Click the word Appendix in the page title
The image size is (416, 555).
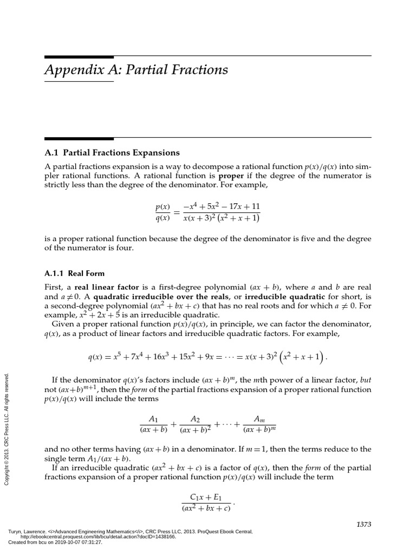81,70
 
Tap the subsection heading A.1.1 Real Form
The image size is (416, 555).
74,273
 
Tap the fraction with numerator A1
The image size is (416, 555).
153,424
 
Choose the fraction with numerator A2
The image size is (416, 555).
196,424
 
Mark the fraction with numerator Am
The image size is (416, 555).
259,424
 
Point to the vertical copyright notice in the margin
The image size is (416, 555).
7,429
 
